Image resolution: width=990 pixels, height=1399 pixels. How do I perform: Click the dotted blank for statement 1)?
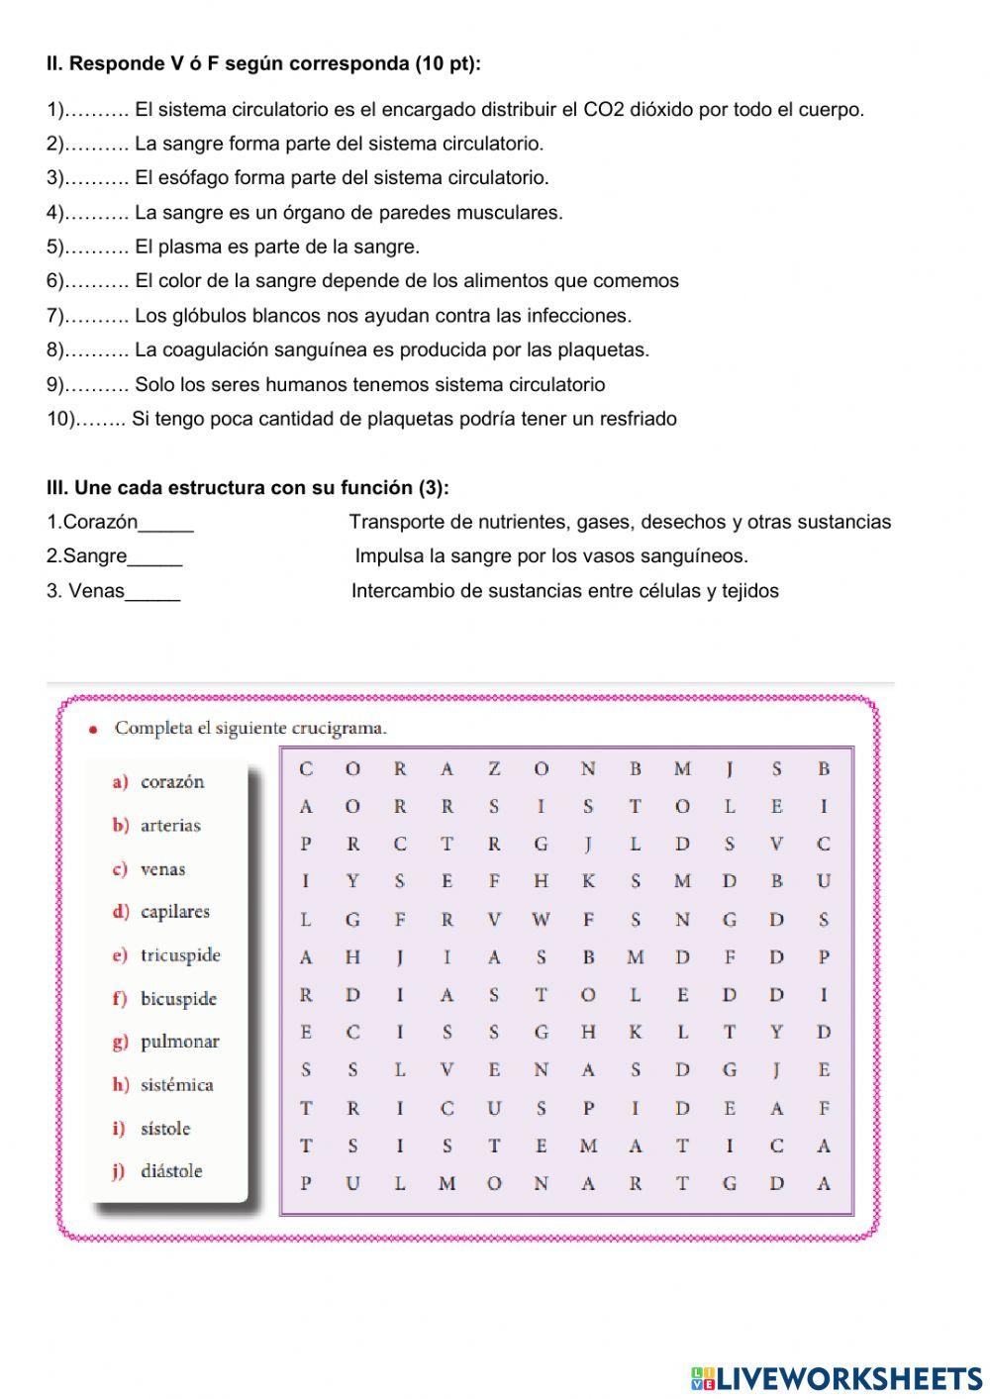[x=96, y=110]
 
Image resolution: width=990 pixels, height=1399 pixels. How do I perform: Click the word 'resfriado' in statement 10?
[x=639, y=419]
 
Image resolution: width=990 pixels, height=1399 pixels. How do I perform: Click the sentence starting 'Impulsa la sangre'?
[x=550, y=556]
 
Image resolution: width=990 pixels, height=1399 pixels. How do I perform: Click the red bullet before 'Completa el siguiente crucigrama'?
[x=94, y=730]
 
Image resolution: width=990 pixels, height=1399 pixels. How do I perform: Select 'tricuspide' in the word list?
[x=180, y=955]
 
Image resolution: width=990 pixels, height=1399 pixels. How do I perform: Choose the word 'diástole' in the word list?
[x=171, y=1171]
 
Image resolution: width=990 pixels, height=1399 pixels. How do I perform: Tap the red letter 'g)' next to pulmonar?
[x=121, y=1042]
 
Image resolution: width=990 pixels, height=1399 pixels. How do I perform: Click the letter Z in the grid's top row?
[x=494, y=768]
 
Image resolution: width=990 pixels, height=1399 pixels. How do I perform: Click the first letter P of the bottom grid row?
[x=306, y=1183]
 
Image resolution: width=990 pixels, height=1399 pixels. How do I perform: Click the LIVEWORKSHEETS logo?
[x=837, y=1377]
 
